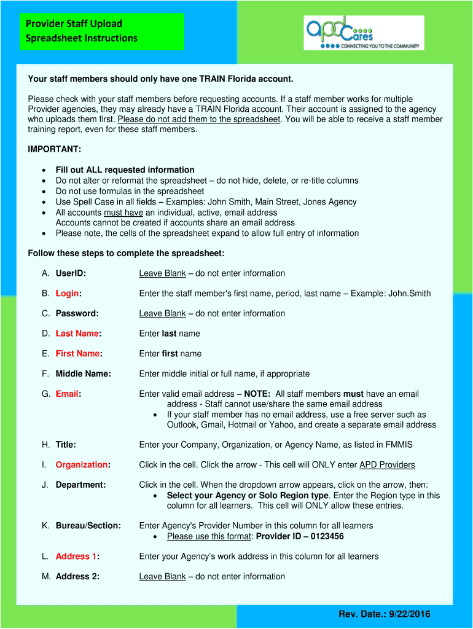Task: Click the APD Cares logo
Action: point(364,33)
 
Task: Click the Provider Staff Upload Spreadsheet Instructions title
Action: point(82,31)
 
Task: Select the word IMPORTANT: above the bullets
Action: point(55,149)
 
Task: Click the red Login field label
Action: point(68,294)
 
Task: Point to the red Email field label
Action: point(67,394)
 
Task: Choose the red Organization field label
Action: point(81,465)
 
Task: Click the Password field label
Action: point(77,313)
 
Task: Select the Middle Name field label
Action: point(83,373)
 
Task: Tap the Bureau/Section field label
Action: point(88,526)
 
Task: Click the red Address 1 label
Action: point(76,557)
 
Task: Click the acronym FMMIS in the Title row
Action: point(399,445)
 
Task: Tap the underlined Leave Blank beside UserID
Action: point(162,273)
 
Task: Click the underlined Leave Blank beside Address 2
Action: point(162,577)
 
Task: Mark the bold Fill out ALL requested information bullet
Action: point(125,170)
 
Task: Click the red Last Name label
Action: point(77,334)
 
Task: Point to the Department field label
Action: point(80,485)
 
